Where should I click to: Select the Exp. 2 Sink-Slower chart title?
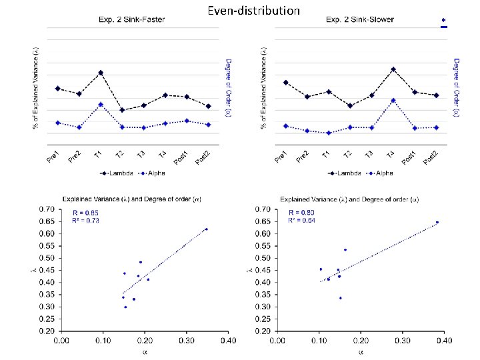[359, 20]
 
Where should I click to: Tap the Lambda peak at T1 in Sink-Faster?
[100, 73]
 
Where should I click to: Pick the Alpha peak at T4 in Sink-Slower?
[393, 100]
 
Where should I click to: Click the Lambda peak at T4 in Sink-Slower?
[393, 69]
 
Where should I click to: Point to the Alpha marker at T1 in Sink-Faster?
[100, 105]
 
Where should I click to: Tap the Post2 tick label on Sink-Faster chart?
[203, 157]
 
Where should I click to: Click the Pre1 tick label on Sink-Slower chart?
[281, 157]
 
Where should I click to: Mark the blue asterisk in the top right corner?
[443, 21]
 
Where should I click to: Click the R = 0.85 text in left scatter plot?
[85, 212]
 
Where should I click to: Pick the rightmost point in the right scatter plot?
[437, 223]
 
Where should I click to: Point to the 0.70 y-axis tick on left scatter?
[45, 209]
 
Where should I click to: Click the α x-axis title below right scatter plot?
[361, 351]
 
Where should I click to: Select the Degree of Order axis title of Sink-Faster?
[228, 87]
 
